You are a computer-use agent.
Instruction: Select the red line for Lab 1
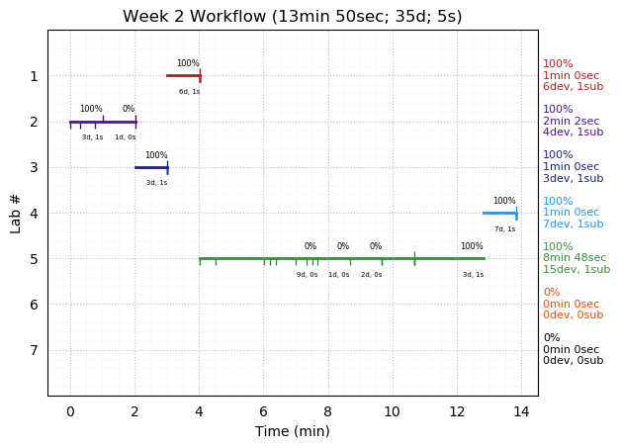point(183,75)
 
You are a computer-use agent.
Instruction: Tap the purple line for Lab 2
point(103,122)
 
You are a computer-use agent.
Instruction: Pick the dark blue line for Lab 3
point(151,167)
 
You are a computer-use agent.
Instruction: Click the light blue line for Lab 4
point(499,213)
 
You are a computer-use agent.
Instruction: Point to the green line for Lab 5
point(341,258)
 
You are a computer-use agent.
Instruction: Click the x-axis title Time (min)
point(293,431)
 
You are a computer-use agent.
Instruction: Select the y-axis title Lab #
point(16,213)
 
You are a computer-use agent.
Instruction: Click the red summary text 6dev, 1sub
point(573,87)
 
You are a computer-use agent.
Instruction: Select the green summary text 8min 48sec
point(575,258)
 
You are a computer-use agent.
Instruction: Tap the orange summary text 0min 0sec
point(571,305)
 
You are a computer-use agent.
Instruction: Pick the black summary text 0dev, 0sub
point(573,361)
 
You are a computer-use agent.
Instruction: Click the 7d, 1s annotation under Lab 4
point(504,229)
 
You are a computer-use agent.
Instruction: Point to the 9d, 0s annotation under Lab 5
point(307,275)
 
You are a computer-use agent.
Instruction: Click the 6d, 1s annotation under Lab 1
point(189,92)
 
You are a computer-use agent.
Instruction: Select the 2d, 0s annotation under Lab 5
point(371,275)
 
